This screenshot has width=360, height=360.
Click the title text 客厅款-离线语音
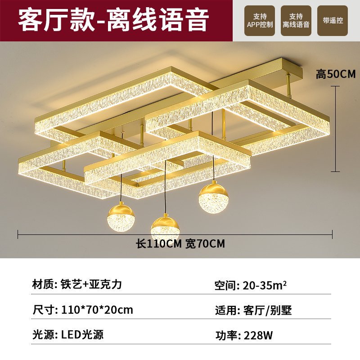113,21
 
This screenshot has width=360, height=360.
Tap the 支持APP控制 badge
260,21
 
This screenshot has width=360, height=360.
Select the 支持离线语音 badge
296,21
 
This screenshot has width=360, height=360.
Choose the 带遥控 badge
332,21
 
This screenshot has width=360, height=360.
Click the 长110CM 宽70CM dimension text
180,244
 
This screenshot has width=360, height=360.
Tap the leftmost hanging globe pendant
119,216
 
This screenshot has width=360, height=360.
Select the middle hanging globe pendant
165,227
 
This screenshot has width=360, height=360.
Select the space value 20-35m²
265,285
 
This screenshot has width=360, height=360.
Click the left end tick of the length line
18,234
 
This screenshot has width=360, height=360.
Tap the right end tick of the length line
332,234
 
